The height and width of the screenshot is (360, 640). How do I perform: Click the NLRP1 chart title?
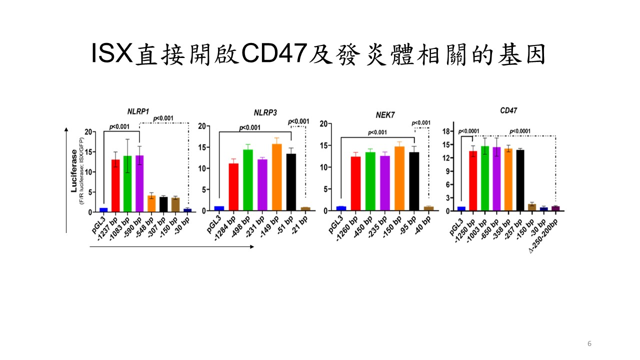point(138,111)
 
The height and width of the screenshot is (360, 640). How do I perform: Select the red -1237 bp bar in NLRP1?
point(115,185)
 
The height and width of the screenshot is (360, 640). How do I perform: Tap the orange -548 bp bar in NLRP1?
point(151,203)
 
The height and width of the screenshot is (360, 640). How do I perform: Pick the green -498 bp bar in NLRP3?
point(248,180)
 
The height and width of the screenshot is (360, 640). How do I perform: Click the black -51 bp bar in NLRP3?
point(291,182)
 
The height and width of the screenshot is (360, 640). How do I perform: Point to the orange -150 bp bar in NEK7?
point(399,178)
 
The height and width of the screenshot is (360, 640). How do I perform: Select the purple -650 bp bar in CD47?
point(496,179)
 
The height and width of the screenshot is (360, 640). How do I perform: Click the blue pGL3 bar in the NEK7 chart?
point(341,208)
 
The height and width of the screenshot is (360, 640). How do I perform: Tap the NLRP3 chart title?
point(265,113)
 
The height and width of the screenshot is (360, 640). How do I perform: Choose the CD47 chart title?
point(508,110)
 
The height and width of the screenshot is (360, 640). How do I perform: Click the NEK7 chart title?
point(385,115)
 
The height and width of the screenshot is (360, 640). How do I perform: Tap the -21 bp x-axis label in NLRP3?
point(300,225)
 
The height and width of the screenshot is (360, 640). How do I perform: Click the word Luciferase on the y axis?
point(74,170)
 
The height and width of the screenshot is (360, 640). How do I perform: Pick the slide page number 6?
point(589,343)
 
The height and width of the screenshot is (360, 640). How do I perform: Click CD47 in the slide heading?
point(274,53)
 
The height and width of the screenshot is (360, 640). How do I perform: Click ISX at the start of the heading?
point(112,53)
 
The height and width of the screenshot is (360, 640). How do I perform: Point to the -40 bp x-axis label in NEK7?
point(423,225)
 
